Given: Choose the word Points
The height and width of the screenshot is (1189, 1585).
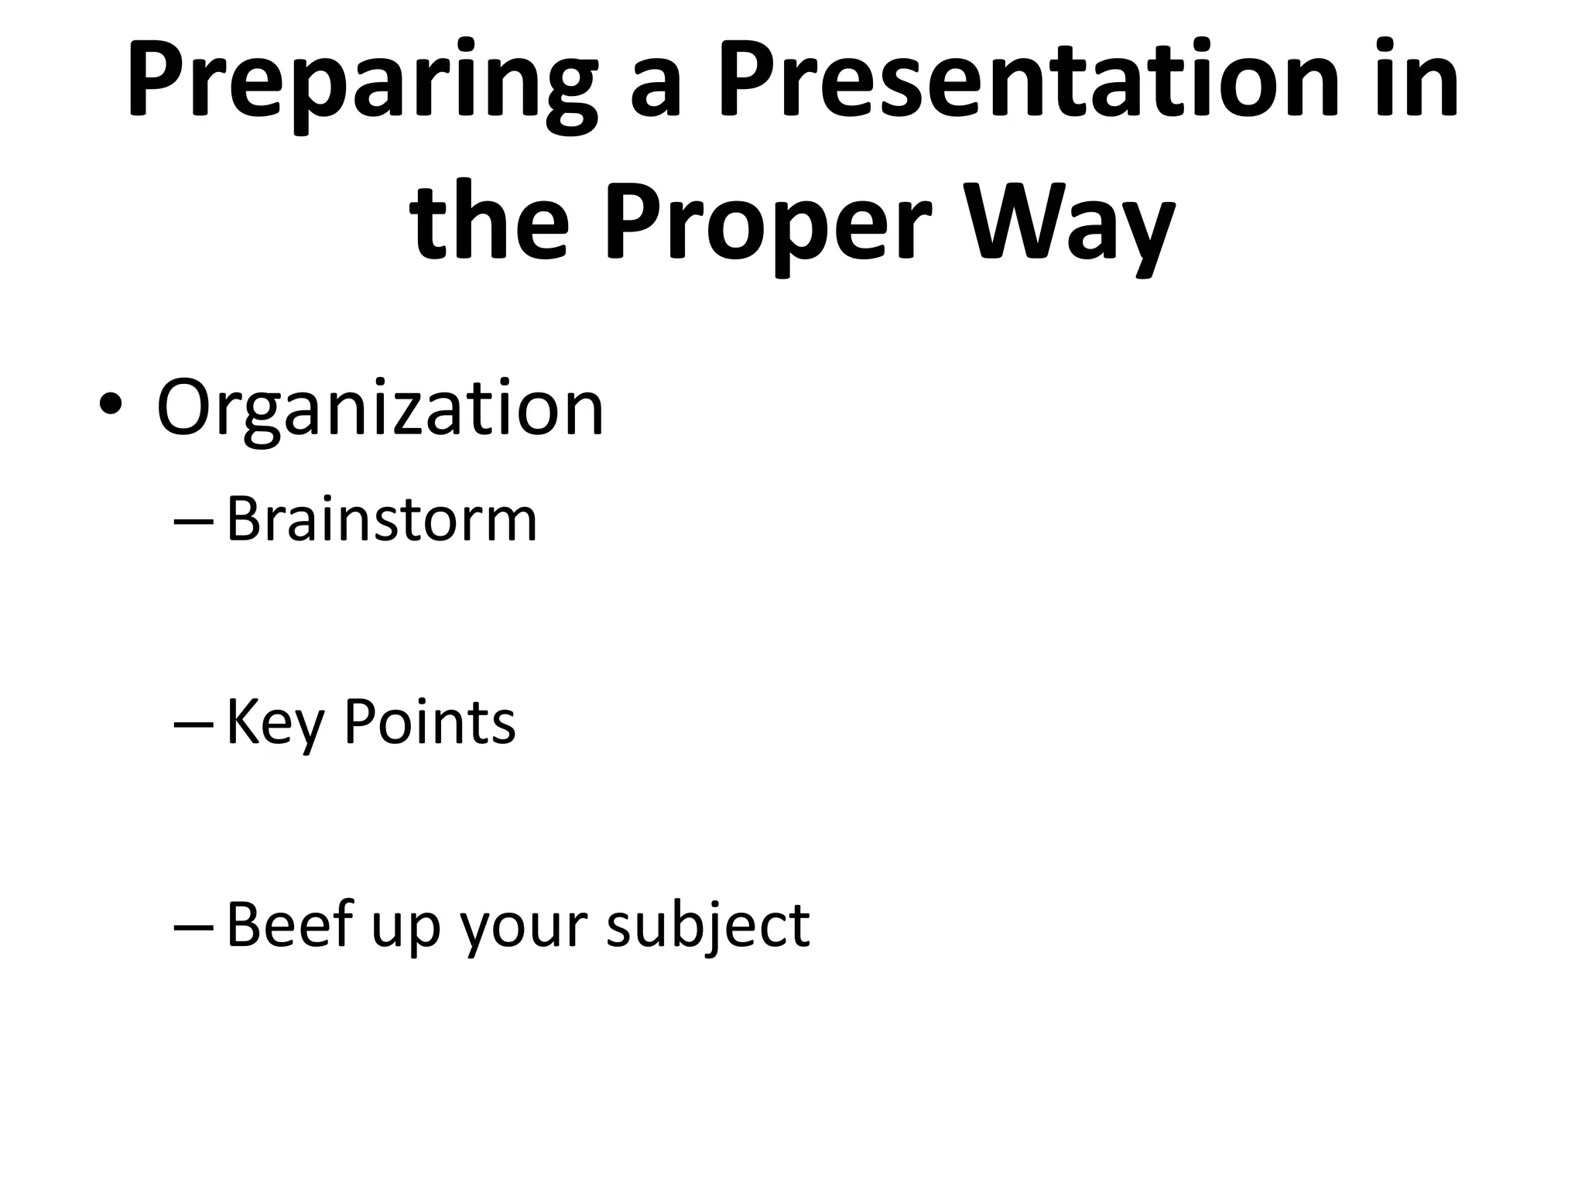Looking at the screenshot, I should (x=429, y=721).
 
